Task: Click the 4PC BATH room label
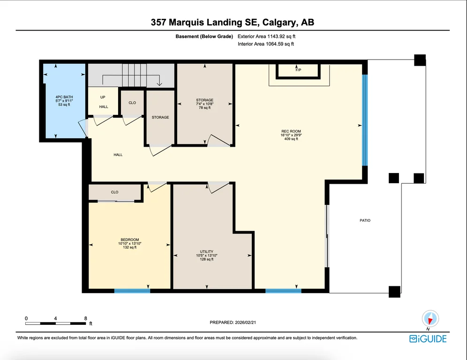pyautogui.click(x=64, y=97)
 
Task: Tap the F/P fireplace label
pyautogui.click(x=298, y=70)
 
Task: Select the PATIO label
pyautogui.click(x=365, y=220)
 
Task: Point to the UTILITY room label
pyautogui.click(x=206, y=252)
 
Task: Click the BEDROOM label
pyautogui.click(x=129, y=240)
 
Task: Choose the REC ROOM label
pyautogui.click(x=291, y=131)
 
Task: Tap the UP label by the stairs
pyautogui.click(x=103, y=97)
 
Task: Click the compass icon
pyautogui.click(x=430, y=319)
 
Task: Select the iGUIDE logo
pyautogui.click(x=428, y=339)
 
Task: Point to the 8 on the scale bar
pyautogui.click(x=85, y=318)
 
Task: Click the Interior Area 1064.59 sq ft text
pyautogui.click(x=266, y=44)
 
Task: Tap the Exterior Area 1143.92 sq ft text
pyautogui.click(x=267, y=36)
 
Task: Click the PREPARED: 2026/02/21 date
pyautogui.click(x=233, y=322)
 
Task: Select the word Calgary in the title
pyautogui.click(x=279, y=22)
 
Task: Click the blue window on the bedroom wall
pyautogui.click(x=132, y=291)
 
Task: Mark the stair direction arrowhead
pyautogui.click(x=159, y=84)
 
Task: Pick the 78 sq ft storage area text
pyautogui.click(x=204, y=108)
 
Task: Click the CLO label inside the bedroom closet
pyautogui.click(x=115, y=192)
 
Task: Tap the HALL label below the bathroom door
pyautogui.click(x=118, y=155)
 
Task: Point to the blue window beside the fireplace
pyautogui.click(x=365, y=120)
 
